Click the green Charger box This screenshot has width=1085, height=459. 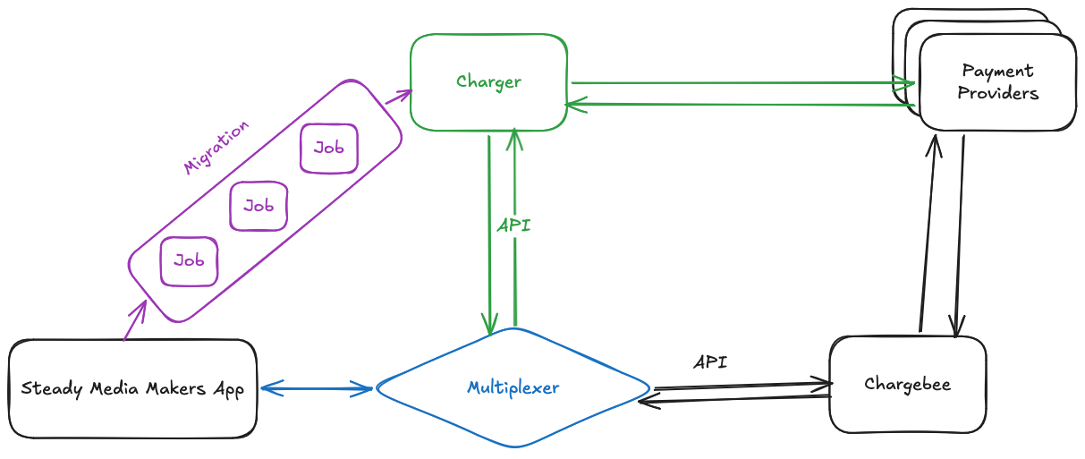pos(488,82)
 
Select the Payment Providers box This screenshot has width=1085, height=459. pos(997,82)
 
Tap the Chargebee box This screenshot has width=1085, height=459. pos(907,385)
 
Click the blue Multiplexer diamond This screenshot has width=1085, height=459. pos(513,387)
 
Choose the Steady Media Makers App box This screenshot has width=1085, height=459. pos(132,388)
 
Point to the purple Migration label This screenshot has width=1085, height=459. pos(216,147)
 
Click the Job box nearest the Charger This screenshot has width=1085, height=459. pos(328,148)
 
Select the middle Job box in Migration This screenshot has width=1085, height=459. pos(259,206)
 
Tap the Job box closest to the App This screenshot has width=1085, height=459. pos(189,261)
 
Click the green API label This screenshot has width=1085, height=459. pos(513,225)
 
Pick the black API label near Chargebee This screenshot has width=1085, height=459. pos(710,362)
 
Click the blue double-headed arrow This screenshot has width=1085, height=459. pos(316,388)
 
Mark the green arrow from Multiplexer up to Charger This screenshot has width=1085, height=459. pos(515,268)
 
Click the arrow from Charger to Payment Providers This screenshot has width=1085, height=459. pos(742,83)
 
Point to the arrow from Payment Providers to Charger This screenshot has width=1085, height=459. pos(742,105)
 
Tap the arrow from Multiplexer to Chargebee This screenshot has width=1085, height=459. pos(742,387)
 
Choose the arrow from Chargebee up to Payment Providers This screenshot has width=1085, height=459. pos(927,233)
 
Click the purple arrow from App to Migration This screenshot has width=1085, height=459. pos(133,321)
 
